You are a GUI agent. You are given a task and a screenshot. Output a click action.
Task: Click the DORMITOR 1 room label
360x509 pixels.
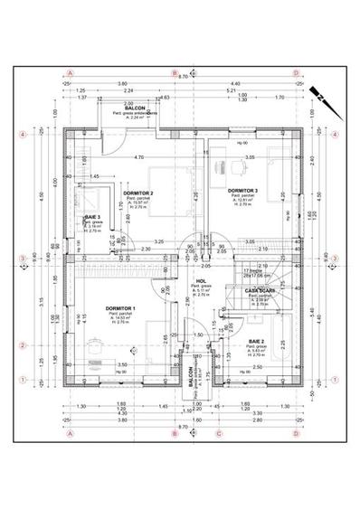point(120,308)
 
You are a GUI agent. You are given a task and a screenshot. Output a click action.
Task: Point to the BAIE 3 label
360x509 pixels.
point(92,218)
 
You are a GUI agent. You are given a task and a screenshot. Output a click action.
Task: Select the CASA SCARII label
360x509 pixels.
point(260,290)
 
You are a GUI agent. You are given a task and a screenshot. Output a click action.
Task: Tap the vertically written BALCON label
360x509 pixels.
point(190,375)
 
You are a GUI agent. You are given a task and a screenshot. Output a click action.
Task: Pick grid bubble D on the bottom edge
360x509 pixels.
point(293,433)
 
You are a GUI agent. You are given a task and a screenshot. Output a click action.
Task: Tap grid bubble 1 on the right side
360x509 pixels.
point(336,380)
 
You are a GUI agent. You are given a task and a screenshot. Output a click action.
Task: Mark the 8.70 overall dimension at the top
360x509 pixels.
point(182,78)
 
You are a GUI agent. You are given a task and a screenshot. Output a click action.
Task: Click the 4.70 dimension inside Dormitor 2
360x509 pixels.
point(138,158)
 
